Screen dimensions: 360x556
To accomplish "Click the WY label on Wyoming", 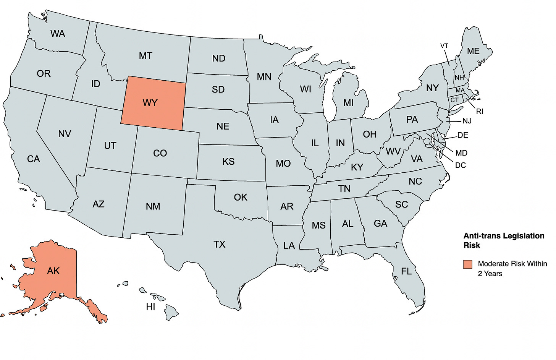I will point(150,103).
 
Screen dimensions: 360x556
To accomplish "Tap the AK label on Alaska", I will point(53,271).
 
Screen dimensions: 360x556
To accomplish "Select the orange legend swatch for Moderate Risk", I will point(467,264).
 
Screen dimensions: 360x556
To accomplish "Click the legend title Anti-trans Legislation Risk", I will point(504,240).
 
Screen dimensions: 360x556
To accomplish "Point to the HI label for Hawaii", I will point(150,306).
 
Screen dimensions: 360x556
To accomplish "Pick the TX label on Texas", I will point(219,244).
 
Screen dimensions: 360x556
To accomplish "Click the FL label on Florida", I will point(406,271).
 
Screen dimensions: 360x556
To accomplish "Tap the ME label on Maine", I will point(473,51).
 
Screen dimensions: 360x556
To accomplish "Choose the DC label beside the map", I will point(461,165).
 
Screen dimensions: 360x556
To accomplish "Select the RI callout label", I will point(480,112).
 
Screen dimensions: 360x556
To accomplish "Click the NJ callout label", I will point(467,121).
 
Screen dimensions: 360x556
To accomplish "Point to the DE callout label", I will point(462,135).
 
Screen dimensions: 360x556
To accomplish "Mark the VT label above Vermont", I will point(444,46).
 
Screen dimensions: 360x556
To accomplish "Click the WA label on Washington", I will point(58,34).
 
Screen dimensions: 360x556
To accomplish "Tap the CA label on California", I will point(34,159).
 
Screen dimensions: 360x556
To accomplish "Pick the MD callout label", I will point(461,153).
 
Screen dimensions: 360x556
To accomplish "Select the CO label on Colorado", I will point(160,153).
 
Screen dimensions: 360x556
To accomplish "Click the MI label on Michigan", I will point(348,103).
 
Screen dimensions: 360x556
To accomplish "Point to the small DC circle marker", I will point(427,141).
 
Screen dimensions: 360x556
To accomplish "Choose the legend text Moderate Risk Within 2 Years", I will point(512,268).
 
